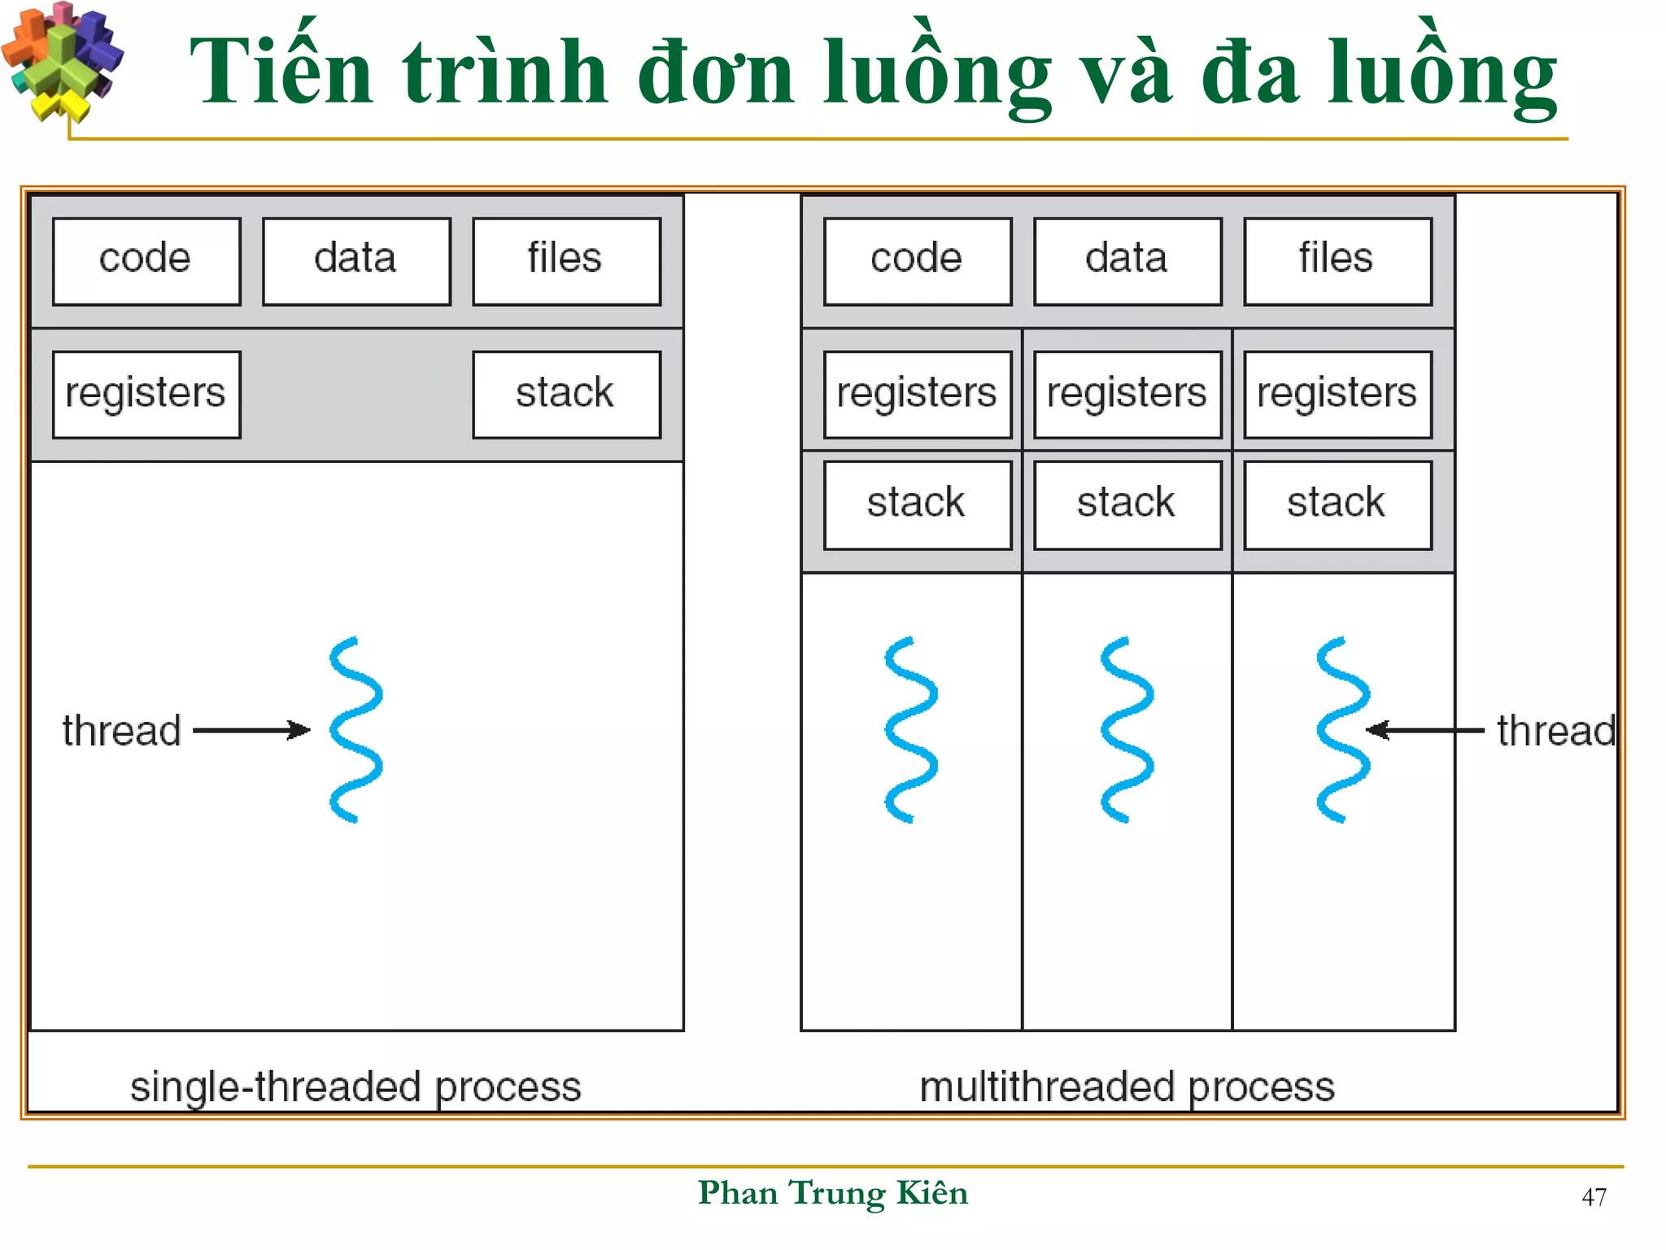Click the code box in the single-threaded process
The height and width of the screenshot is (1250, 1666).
click(x=146, y=261)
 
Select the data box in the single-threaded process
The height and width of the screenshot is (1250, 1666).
click(x=356, y=261)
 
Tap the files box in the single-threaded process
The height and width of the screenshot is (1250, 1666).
click(x=566, y=261)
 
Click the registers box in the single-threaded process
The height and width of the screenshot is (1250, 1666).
click(x=146, y=395)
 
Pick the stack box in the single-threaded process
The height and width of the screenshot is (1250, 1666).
click(x=566, y=395)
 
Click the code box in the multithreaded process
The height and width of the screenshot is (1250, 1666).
click(x=918, y=261)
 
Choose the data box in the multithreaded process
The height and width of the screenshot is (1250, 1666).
click(x=1127, y=261)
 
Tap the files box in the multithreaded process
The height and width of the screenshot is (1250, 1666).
click(x=1337, y=261)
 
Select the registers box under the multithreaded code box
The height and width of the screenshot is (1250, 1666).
click(x=918, y=395)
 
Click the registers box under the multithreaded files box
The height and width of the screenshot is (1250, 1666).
click(x=1337, y=395)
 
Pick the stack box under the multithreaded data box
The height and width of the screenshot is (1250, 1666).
click(x=1127, y=505)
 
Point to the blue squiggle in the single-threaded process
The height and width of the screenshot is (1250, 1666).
click(x=355, y=730)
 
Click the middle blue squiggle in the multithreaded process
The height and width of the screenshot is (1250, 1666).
click(x=1127, y=730)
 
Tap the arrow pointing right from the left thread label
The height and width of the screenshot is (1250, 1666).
click(x=251, y=730)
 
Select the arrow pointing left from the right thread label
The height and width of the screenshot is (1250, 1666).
click(x=1425, y=730)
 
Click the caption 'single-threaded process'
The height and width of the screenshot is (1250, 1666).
click(x=355, y=1087)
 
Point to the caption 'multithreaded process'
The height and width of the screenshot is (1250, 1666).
click(x=1127, y=1087)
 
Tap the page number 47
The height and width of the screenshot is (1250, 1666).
click(x=1594, y=1197)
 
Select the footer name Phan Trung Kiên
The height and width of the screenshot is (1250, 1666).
click(x=833, y=1193)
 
